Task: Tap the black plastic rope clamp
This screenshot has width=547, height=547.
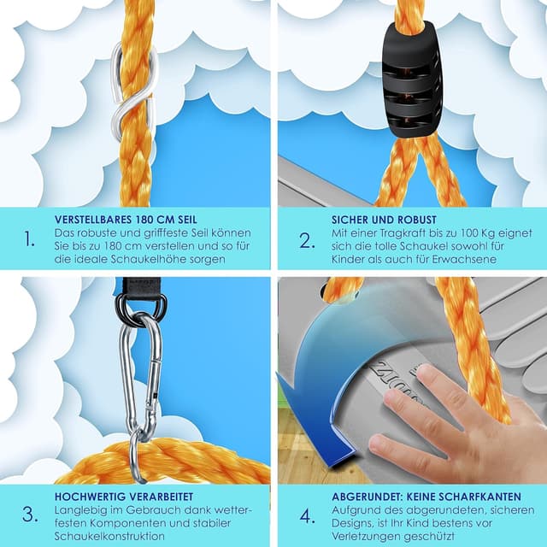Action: tap(413, 79)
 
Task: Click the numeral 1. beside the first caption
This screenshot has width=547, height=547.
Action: tap(30, 239)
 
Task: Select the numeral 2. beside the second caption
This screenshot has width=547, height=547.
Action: tap(308, 241)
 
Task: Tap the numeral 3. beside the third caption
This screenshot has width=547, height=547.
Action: tap(30, 515)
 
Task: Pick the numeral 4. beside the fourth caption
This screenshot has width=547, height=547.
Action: tap(308, 516)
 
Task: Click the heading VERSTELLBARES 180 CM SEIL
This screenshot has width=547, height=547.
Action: tap(126, 220)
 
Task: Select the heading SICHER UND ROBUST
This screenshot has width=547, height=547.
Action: tap(384, 220)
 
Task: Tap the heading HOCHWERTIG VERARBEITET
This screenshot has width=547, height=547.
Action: tap(124, 497)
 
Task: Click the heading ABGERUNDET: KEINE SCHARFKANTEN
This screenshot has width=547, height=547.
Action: tap(426, 497)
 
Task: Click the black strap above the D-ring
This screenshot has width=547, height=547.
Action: tap(138, 287)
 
